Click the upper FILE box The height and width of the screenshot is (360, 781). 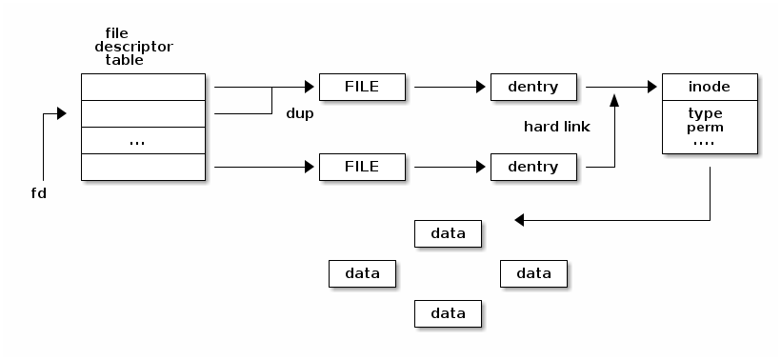pyautogui.click(x=362, y=87)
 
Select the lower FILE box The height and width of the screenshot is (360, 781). pyautogui.click(x=362, y=167)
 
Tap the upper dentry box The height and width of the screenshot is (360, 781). pyautogui.click(x=532, y=87)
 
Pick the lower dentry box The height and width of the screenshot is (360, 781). pyautogui.click(x=532, y=167)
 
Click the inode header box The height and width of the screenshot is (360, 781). pyautogui.click(x=709, y=87)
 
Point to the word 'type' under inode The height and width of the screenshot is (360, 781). pyautogui.click(x=705, y=113)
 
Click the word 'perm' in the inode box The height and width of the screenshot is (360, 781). pyautogui.click(x=705, y=127)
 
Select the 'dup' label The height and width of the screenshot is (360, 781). pyautogui.click(x=300, y=113)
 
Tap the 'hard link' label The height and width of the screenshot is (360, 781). pyautogui.click(x=557, y=127)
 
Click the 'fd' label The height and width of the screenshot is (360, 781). pyautogui.click(x=39, y=193)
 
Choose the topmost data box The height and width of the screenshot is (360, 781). pyautogui.click(x=448, y=232)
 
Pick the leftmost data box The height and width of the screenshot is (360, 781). pyautogui.click(x=362, y=273)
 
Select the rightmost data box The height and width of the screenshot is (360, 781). pyautogui.click(x=533, y=273)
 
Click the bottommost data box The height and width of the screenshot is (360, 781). pyautogui.click(x=448, y=313)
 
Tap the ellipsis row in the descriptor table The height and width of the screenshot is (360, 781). pyautogui.click(x=143, y=140)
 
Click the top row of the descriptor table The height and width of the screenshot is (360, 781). pyautogui.click(x=143, y=87)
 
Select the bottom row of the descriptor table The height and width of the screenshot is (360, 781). pyautogui.click(x=143, y=167)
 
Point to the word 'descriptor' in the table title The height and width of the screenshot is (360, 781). pyautogui.click(x=133, y=46)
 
